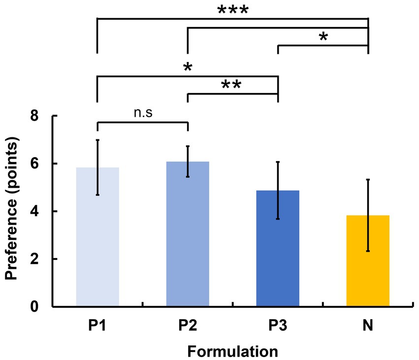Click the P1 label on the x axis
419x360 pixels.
pos(97,327)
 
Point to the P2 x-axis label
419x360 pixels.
pos(188,327)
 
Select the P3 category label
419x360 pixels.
pos(278,327)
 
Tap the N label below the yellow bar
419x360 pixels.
pos(368,327)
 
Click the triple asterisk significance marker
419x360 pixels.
pos(233,10)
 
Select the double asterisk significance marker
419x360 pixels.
pos(231,85)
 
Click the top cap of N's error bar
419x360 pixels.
pos(368,180)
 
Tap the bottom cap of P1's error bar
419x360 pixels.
pos(97,195)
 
